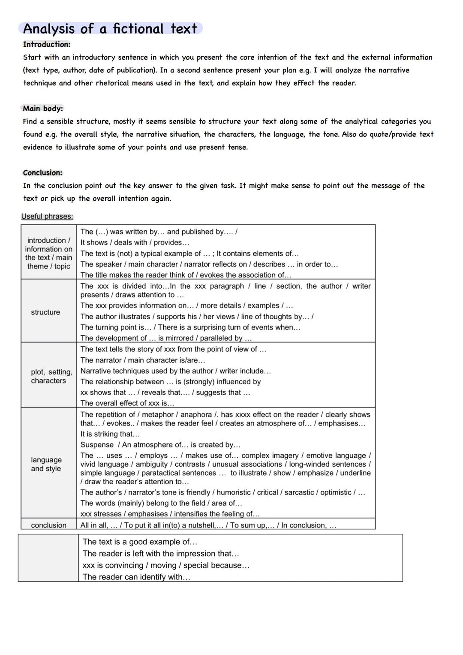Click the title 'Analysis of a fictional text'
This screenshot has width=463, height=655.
[110, 29]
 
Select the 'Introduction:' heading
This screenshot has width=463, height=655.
[46, 44]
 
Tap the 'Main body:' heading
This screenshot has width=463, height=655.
[42, 109]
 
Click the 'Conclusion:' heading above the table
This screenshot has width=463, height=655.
[42, 173]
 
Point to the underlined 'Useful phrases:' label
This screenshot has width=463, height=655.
[47, 216]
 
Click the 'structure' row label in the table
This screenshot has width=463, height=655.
[45, 312]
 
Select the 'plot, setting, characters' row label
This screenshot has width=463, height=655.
[48, 376]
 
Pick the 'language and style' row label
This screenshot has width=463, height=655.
[46, 464]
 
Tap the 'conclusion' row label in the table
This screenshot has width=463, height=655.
[48, 525]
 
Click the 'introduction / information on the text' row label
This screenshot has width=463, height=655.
[48, 253]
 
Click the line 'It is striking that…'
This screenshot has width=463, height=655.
[110, 434]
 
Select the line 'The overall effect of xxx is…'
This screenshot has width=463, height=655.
[127, 403]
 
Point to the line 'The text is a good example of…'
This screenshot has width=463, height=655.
[140, 542]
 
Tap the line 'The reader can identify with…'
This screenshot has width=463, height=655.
[136, 577]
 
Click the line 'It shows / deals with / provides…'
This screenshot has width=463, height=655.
[135, 242]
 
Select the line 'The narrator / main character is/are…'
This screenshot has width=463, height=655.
[143, 360]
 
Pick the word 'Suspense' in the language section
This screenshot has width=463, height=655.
[97, 445]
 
